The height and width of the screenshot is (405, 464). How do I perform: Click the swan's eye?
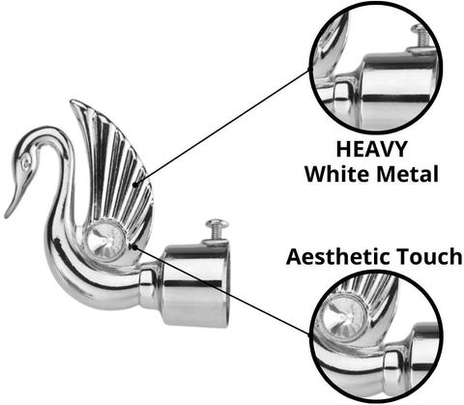[26, 163]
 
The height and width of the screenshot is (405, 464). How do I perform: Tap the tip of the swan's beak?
[6, 217]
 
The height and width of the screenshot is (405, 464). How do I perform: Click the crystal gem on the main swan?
[105, 241]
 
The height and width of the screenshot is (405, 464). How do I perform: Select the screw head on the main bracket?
[217, 222]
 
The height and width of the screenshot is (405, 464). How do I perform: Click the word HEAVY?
[371, 149]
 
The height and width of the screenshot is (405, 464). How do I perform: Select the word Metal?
[408, 174]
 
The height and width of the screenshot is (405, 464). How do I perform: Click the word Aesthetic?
[338, 256]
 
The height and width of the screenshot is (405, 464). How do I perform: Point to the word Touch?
[429, 256]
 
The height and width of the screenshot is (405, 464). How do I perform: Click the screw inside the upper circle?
[421, 38]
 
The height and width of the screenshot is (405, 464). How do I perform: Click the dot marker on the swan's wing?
[135, 185]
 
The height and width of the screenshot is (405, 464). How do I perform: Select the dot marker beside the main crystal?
[135, 247]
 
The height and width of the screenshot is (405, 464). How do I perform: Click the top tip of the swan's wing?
[72, 101]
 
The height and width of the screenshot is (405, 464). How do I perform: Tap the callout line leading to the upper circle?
[222, 127]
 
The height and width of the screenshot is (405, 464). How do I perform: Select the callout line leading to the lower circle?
[222, 291]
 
